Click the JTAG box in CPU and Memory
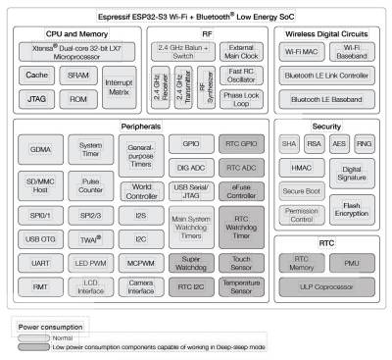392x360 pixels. pyautogui.click(x=38, y=99)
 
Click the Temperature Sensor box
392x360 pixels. pyautogui.click(x=240, y=286)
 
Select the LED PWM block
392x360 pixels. pyautogui.click(x=91, y=263)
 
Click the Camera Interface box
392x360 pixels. pyautogui.click(x=141, y=286)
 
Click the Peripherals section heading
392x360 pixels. pyautogui.click(x=140, y=129)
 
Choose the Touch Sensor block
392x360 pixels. pyautogui.click(x=240, y=263)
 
